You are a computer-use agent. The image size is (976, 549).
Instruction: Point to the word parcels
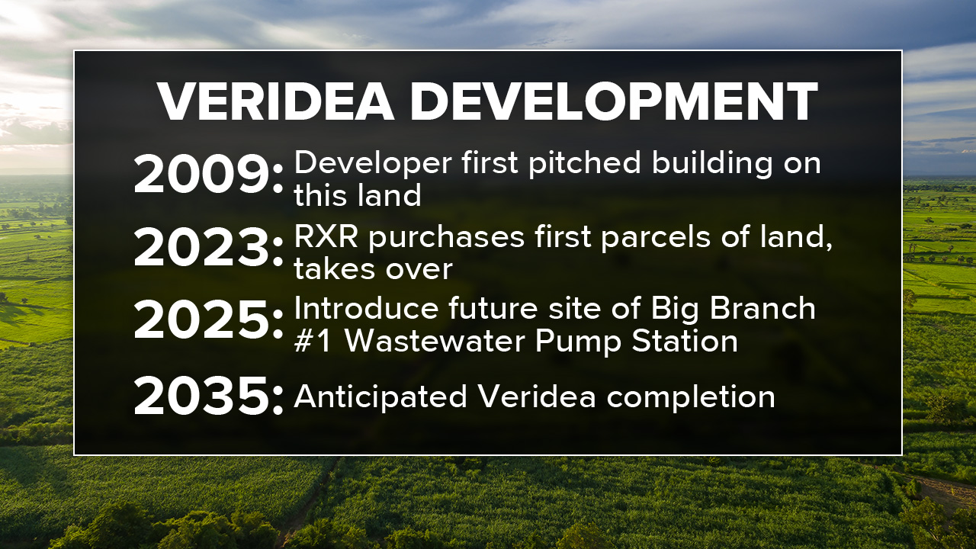click(664, 237)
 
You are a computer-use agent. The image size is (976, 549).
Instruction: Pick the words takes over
click(374, 268)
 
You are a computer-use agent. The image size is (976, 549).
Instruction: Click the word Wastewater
click(435, 341)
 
